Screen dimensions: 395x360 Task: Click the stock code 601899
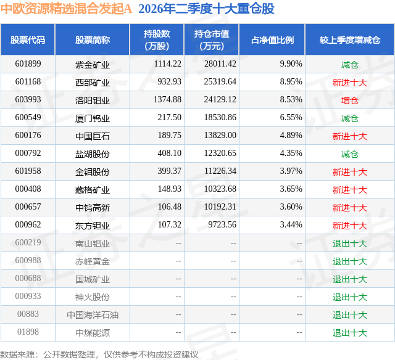click(x=28, y=64)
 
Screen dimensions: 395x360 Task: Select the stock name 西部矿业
click(x=93, y=82)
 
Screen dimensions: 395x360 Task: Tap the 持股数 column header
click(x=157, y=39)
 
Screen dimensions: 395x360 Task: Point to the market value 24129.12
click(x=220, y=100)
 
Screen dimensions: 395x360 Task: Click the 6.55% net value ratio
click(x=291, y=118)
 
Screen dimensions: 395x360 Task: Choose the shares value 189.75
click(x=170, y=136)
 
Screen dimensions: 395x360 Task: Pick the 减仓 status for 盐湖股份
click(x=350, y=153)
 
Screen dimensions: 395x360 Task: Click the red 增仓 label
click(x=350, y=100)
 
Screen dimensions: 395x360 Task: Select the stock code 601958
click(x=28, y=171)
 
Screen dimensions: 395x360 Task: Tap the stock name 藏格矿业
click(x=93, y=189)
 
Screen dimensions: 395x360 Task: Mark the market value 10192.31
click(x=220, y=207)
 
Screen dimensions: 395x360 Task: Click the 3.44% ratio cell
click(x=291, y=224)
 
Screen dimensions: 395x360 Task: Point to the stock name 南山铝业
click(x=93, y=243)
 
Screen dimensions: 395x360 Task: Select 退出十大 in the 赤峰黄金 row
click(x=350, y=261)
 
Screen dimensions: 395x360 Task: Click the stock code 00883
click(x=28, y=314)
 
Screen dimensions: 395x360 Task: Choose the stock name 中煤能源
click(x=93, y=332)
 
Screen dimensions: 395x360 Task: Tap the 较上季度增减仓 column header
click(x=350, y=39)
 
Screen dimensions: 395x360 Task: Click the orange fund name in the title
click(x=66, y=9)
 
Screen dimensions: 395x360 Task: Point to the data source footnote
click(x=99, y=354)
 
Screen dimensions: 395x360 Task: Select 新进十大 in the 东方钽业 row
click(x=350, y=225)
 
